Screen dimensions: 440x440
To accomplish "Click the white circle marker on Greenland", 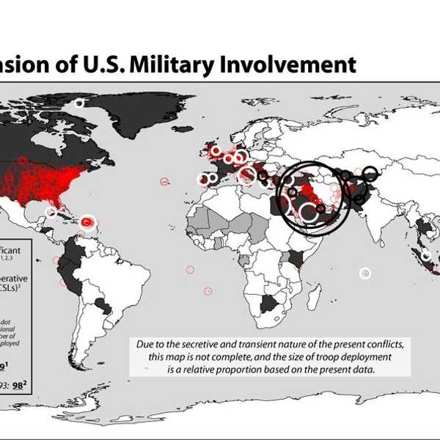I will coord(80,104).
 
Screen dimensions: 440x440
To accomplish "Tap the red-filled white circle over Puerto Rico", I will coord(87,221).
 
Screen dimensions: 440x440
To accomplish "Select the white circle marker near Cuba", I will coord(51,213).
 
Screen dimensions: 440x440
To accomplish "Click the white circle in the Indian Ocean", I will coord(365,274).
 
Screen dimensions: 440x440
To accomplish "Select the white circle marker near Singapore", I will coord(425,255).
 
